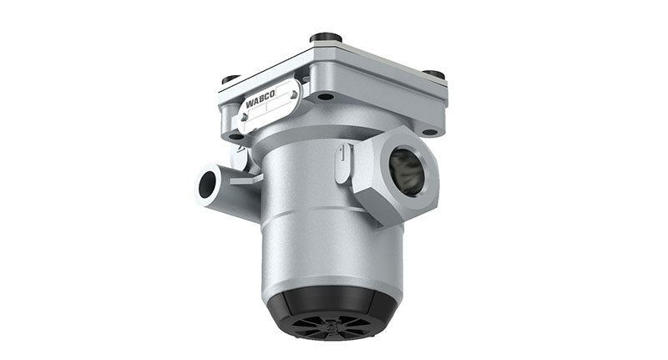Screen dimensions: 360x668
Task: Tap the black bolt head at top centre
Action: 325,38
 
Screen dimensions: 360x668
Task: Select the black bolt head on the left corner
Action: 231,79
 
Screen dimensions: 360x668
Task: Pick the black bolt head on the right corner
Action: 434,74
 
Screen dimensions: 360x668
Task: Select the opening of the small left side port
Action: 205,183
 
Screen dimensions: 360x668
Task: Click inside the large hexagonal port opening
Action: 407,172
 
